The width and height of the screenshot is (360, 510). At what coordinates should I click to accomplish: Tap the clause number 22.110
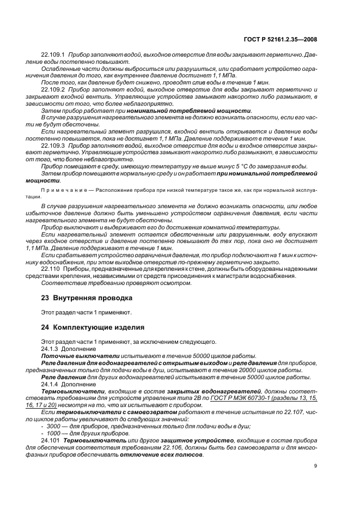pos(50,269)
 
